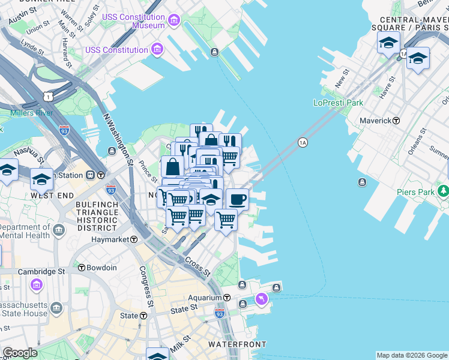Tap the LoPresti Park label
[x=338, y=103]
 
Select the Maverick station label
[x=375, y=121]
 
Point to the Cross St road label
[x=197, y=267]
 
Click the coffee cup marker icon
[x=237, y=198]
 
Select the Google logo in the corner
[x=20, y=353]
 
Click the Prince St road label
[x=148, y=172]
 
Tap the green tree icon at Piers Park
[x=444, y=191]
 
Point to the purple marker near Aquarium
[x=261, y=298]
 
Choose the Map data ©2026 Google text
[x=412, y=355]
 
